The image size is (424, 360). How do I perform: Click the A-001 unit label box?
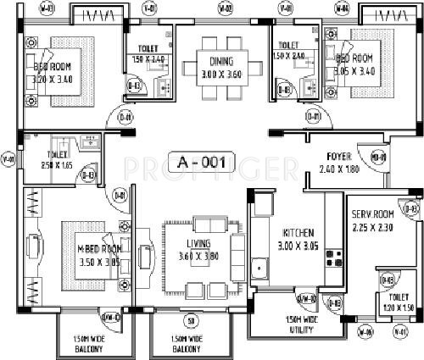click(202, 163)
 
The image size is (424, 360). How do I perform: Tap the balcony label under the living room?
click(191, 344)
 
